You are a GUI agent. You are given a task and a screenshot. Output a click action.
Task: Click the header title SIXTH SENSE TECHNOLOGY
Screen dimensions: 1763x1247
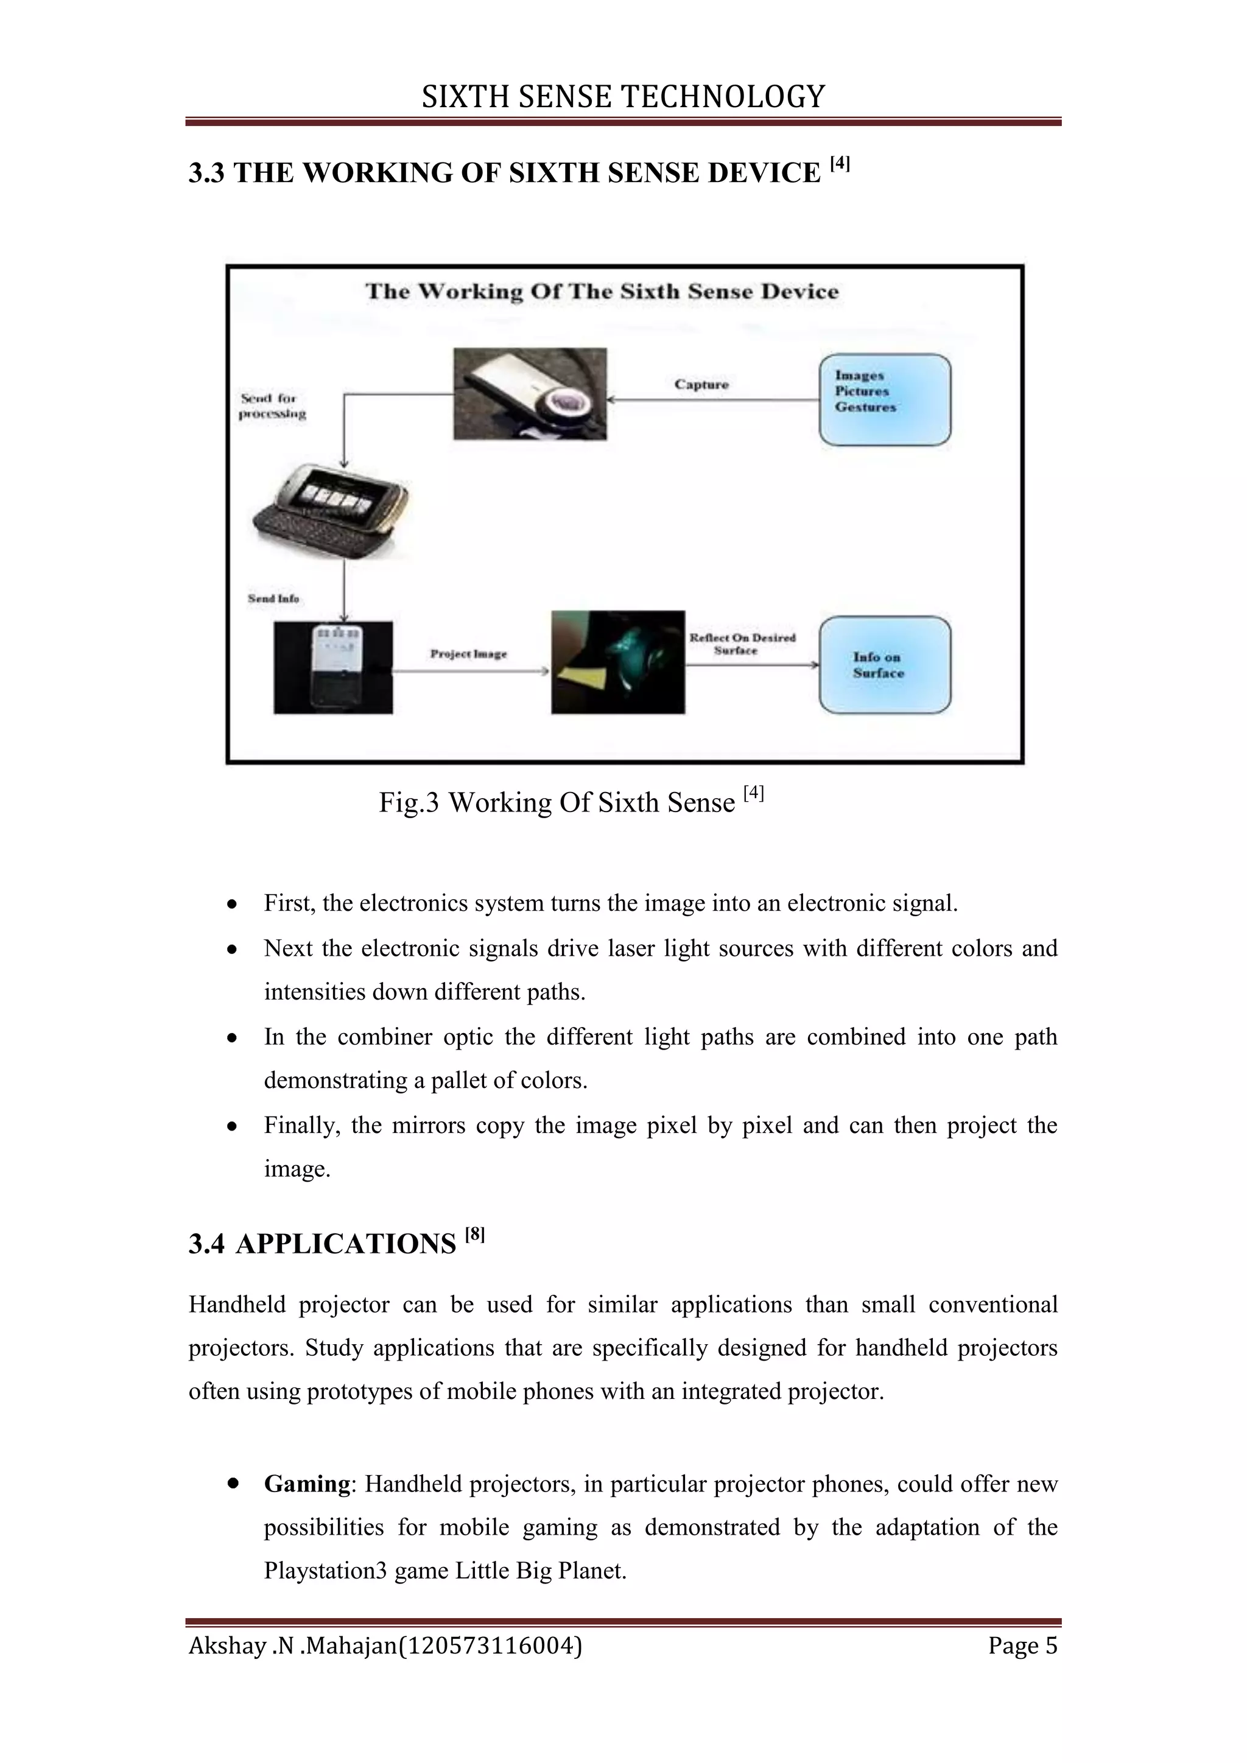(x=623, y=97)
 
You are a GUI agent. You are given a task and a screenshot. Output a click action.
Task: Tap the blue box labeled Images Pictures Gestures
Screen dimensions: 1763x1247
(x=885, y=399)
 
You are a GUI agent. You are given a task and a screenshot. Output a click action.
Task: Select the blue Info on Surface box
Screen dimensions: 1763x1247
(x=885, y=665)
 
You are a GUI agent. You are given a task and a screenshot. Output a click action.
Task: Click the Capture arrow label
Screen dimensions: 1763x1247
(x=701, y=385)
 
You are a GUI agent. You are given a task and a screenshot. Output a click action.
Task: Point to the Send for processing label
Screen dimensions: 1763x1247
(x=273, y=406)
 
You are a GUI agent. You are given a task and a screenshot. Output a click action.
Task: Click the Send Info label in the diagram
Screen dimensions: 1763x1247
(x=273, y=598)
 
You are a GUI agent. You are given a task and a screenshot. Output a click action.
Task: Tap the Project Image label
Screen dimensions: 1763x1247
(x=468, y=654)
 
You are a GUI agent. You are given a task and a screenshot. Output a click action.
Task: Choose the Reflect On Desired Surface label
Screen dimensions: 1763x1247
(x=742, y=643)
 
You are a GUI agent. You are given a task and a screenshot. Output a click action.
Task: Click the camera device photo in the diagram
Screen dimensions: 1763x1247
(x=530, y=394)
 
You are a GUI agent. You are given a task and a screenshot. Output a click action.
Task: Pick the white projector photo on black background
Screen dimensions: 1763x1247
(x=333, y=667)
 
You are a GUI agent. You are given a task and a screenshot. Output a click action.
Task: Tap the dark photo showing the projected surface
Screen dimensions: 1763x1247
(x=617, y=662)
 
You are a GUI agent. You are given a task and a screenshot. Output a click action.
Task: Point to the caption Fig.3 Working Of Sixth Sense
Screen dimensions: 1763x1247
(x=571, y=802)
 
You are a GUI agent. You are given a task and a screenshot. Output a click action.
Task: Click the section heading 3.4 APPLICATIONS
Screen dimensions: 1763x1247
(x=336, y=1243)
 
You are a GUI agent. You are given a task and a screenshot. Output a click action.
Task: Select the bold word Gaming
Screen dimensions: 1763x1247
(x=306, y=1484)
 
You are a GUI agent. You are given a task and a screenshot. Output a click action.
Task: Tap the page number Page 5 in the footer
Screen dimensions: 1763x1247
(x=1022, y=1646)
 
